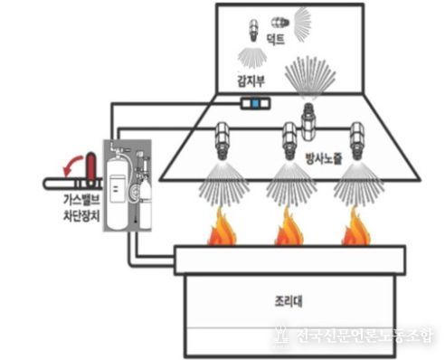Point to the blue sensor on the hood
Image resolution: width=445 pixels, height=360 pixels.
click(x=256, y=105)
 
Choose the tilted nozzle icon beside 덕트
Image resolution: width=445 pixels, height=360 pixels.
click(x=274, y=20)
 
